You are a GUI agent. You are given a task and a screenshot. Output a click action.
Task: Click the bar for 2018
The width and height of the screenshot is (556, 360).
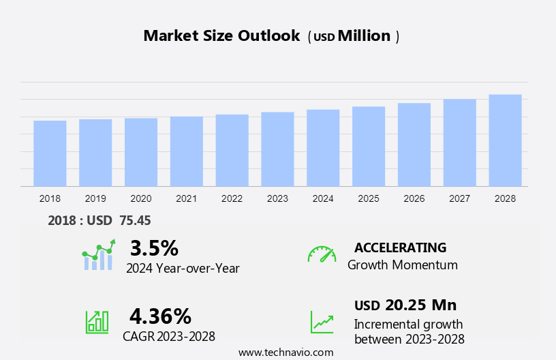click(x=50, y=153)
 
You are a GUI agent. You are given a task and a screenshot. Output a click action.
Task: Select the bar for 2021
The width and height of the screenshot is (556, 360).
click(x=187, y=151)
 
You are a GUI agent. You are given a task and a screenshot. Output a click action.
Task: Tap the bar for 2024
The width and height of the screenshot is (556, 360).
click(x=323, y=148)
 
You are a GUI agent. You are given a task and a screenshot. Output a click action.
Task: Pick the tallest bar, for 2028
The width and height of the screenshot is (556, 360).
click(x=505, y=140)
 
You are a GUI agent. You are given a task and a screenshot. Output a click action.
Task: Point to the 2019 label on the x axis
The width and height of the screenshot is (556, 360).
click(x=95, y=198)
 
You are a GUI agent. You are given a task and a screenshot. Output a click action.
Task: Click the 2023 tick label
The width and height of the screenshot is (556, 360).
click(x=277, y=198)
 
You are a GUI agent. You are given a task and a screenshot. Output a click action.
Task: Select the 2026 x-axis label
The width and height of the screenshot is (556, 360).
click(x=414, y=198)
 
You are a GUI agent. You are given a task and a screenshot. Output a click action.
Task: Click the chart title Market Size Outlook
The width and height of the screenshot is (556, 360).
click(x=221, y=36)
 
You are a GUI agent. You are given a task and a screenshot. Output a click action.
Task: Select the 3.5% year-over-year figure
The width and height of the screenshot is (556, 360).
click(x=154, y=247)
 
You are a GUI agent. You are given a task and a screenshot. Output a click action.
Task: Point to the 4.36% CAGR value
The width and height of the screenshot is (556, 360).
click(x=160, y=316)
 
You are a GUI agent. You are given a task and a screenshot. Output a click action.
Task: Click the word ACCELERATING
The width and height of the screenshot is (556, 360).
click(x=400, y=247)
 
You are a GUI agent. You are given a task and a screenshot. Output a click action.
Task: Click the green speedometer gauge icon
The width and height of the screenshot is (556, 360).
click(x=322, y=254)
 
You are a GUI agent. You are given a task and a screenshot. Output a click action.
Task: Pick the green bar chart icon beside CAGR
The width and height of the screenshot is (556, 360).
click(x=97, y=321)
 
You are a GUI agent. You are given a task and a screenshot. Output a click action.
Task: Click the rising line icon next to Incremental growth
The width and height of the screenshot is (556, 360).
click(x=322, y=322)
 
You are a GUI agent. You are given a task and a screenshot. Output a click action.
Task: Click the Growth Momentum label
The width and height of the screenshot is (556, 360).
click(x=402, y=265)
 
